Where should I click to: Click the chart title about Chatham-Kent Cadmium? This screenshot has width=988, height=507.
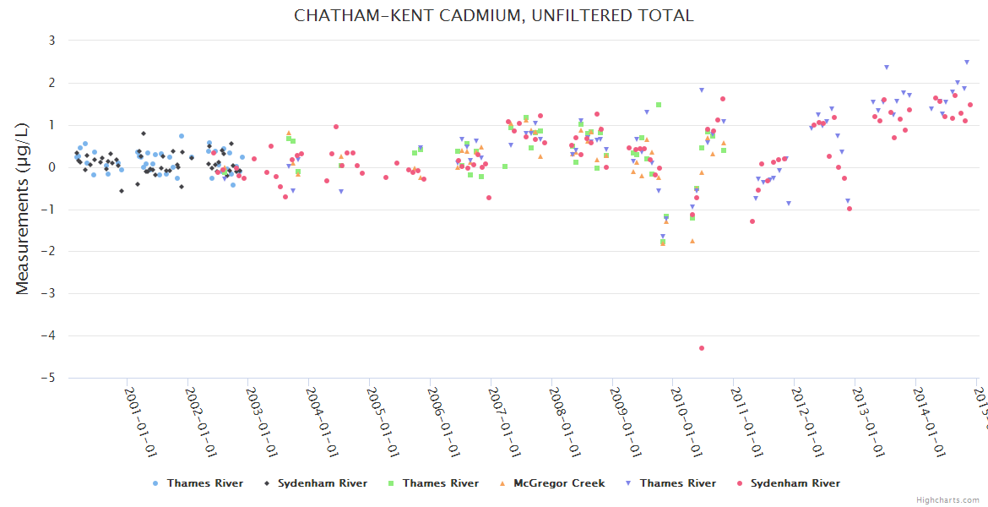(x=493, y=16)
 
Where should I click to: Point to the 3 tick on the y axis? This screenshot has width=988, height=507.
(x=52, y=41)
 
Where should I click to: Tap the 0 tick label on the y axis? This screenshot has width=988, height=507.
(x=52, y=167)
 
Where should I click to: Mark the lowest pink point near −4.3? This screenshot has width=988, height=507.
(x=702, y=348)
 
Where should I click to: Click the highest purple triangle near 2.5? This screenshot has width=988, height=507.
(x=967, y=62)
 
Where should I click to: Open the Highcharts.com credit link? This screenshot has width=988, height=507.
(x=947, y=500)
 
